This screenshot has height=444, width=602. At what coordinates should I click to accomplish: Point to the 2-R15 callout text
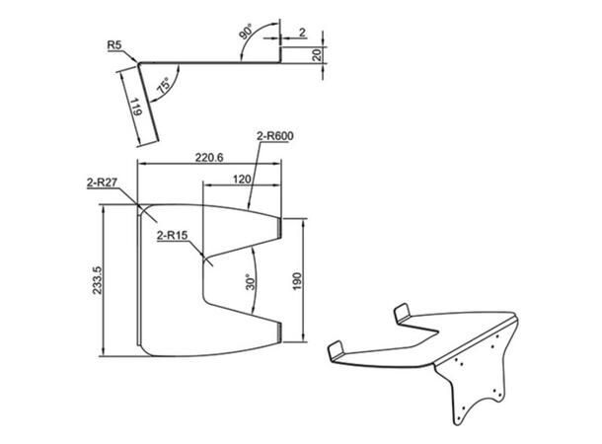tap(173, 235)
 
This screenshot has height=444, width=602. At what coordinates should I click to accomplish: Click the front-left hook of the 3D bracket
tap(338, 350)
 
